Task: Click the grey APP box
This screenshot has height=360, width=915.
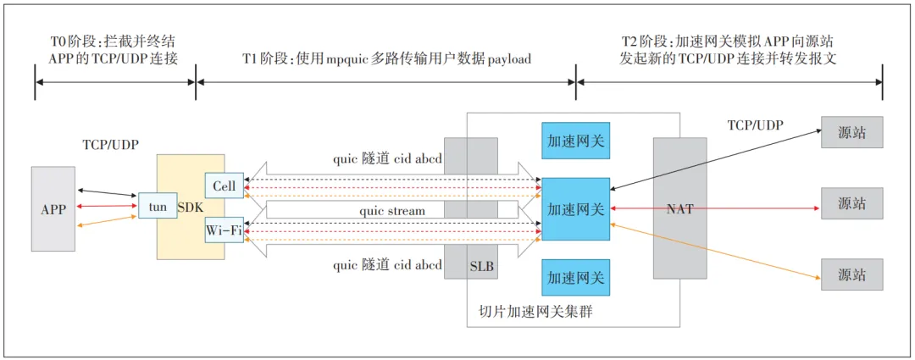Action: tap(53, 208)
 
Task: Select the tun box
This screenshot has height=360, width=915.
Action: tap(157, 205)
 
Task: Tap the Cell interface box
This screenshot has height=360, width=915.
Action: tap(225, 186)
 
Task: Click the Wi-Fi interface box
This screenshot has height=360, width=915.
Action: tap(225, 230)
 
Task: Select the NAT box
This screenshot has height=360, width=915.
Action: tap(679, 208)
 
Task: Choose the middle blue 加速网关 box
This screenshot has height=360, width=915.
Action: tap(575, 208)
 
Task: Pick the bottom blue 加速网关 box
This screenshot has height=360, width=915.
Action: tap(575, 278)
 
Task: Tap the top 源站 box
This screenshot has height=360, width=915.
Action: tap(851, 132)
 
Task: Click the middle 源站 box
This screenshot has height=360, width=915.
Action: tap(851, 203)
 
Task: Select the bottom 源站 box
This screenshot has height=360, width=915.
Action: tap(851, 274)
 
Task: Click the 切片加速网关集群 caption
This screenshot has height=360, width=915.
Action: tap(530, 312)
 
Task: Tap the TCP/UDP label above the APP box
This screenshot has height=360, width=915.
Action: tap(110, 144)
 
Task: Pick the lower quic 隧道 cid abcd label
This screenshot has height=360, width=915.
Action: tap(387, 265)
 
